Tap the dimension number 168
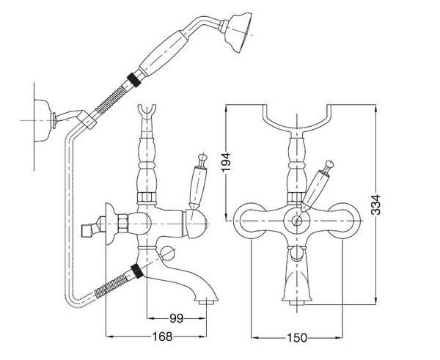[163, 337]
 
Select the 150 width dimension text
[296, 337]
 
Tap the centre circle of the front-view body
[296, 220]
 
